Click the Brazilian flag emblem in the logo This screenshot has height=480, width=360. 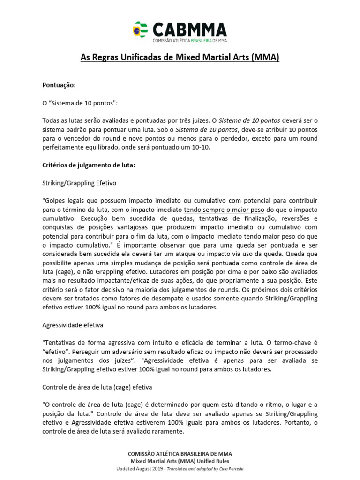(x=140, y=30)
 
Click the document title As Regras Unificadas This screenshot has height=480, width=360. (x=180, y=58)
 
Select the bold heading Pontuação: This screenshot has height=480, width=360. (x=59, y=85)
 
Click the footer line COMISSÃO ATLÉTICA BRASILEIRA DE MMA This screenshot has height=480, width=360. (x=180, y=454)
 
